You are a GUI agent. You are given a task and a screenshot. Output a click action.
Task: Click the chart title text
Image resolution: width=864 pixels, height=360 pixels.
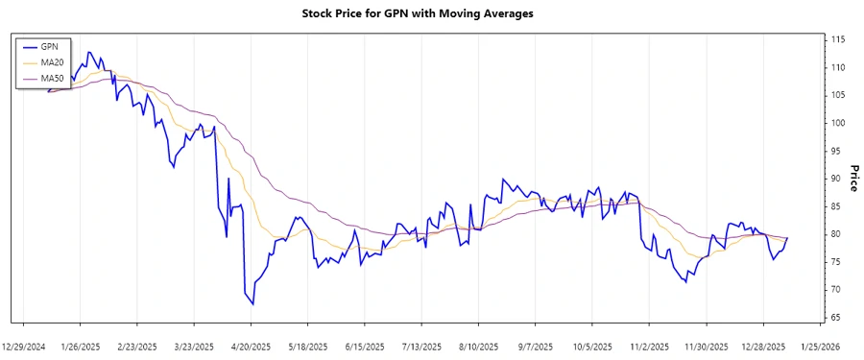tap(430, 14)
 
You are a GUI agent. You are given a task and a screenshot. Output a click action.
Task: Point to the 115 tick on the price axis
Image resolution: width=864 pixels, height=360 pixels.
tap(838, 39)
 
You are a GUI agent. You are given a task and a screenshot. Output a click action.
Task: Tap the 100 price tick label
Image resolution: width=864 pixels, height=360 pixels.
tap(838, 123)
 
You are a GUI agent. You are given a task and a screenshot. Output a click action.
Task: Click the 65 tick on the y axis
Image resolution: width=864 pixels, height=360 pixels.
tap(836, 317)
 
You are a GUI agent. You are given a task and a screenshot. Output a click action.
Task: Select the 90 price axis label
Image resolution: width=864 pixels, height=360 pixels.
tap(836, 179)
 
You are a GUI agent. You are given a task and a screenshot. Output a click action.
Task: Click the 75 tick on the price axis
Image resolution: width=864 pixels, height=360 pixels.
tap(836, 262)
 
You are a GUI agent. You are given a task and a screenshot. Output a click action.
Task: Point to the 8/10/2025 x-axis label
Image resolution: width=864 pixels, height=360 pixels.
tap(479, 346)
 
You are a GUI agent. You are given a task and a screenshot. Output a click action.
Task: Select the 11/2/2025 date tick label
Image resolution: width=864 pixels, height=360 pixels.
tap(649, 346)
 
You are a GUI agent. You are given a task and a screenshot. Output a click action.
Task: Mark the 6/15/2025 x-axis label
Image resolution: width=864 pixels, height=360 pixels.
tap(365, 346)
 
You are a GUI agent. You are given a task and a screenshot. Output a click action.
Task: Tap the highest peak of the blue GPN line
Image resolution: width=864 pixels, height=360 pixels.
tap(89, 52)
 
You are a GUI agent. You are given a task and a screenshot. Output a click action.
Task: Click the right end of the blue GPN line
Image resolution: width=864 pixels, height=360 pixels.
tap(787, 237)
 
